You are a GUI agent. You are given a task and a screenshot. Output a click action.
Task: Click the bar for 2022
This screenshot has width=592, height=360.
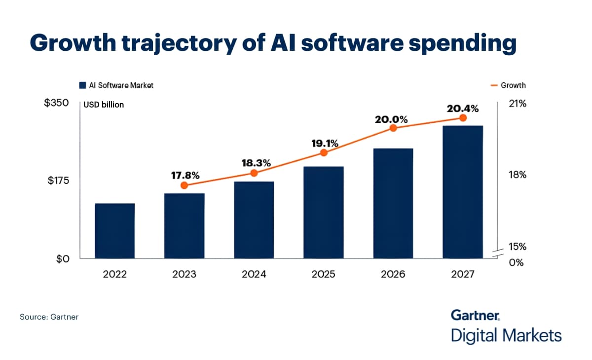(x=114, y=231)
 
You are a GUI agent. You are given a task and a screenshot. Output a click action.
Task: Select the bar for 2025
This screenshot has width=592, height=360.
(x=324, y=213)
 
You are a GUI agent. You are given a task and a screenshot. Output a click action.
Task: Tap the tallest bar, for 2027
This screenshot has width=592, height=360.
(x=463, y=192)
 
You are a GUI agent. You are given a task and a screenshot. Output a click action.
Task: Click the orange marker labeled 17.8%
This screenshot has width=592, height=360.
(x=185, y=185)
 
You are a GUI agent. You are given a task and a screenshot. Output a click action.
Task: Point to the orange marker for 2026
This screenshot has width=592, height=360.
(x=393, y=128)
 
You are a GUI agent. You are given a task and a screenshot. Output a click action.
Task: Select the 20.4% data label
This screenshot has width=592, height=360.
(x=463, y=108)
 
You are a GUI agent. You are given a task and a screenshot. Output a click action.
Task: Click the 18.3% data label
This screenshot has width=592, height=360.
(x=254, y=163)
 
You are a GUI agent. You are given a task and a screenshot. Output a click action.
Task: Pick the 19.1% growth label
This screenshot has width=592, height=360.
(x=324, y=144)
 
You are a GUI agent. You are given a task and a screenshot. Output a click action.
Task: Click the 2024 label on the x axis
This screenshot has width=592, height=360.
(x=254, y=274)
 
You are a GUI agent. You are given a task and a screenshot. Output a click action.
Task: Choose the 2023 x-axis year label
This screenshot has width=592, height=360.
(x=184, y=274)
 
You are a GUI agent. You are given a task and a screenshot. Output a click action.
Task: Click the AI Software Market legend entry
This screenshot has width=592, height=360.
(x=116, y=85)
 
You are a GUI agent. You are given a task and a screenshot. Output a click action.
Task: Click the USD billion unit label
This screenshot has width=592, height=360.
(x=104, y=105)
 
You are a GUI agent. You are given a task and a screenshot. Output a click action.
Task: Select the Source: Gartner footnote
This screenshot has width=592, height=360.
(x=49, y=317)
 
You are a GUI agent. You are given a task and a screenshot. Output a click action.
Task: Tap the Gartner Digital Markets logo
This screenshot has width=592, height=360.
(x=506, y=326)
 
